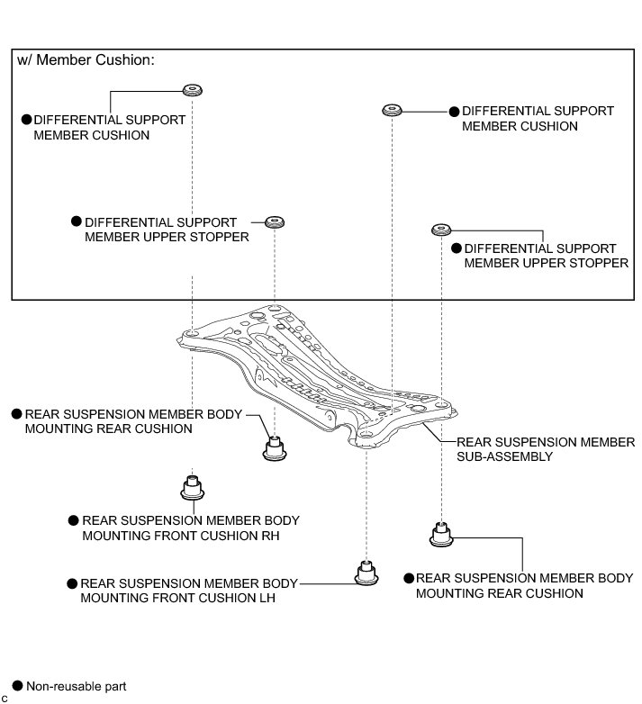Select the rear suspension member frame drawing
click(x=315, y=374)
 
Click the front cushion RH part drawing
click(x=191, y=487)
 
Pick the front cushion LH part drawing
click(x=364, y=573)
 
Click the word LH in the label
click(x=264, y=597)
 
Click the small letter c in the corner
click(x=5, y=698)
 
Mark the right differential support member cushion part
click(x=391, y=110)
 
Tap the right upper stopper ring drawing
click(x=440, y=229)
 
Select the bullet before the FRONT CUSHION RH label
click(x=72, y=520)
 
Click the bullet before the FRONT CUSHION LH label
click(x=71, y=582)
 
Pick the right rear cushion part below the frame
click(x=441, y=535)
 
